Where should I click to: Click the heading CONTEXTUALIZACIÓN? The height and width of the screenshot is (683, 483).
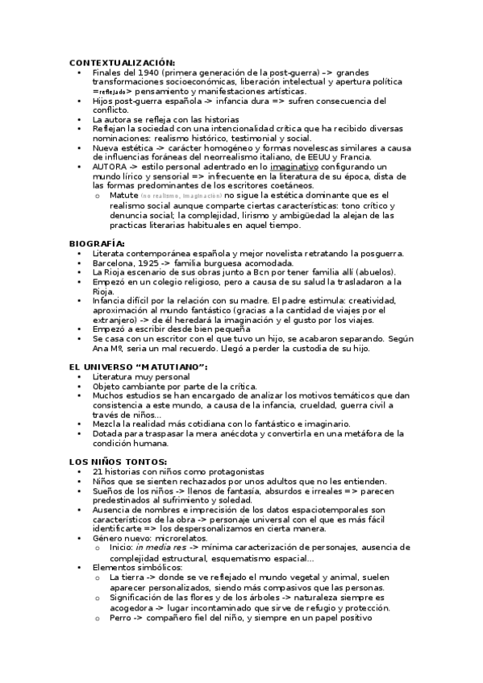[121, 63]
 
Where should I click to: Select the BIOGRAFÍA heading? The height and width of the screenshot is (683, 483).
[97, 242]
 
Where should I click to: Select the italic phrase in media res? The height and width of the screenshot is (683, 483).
[160, 548]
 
